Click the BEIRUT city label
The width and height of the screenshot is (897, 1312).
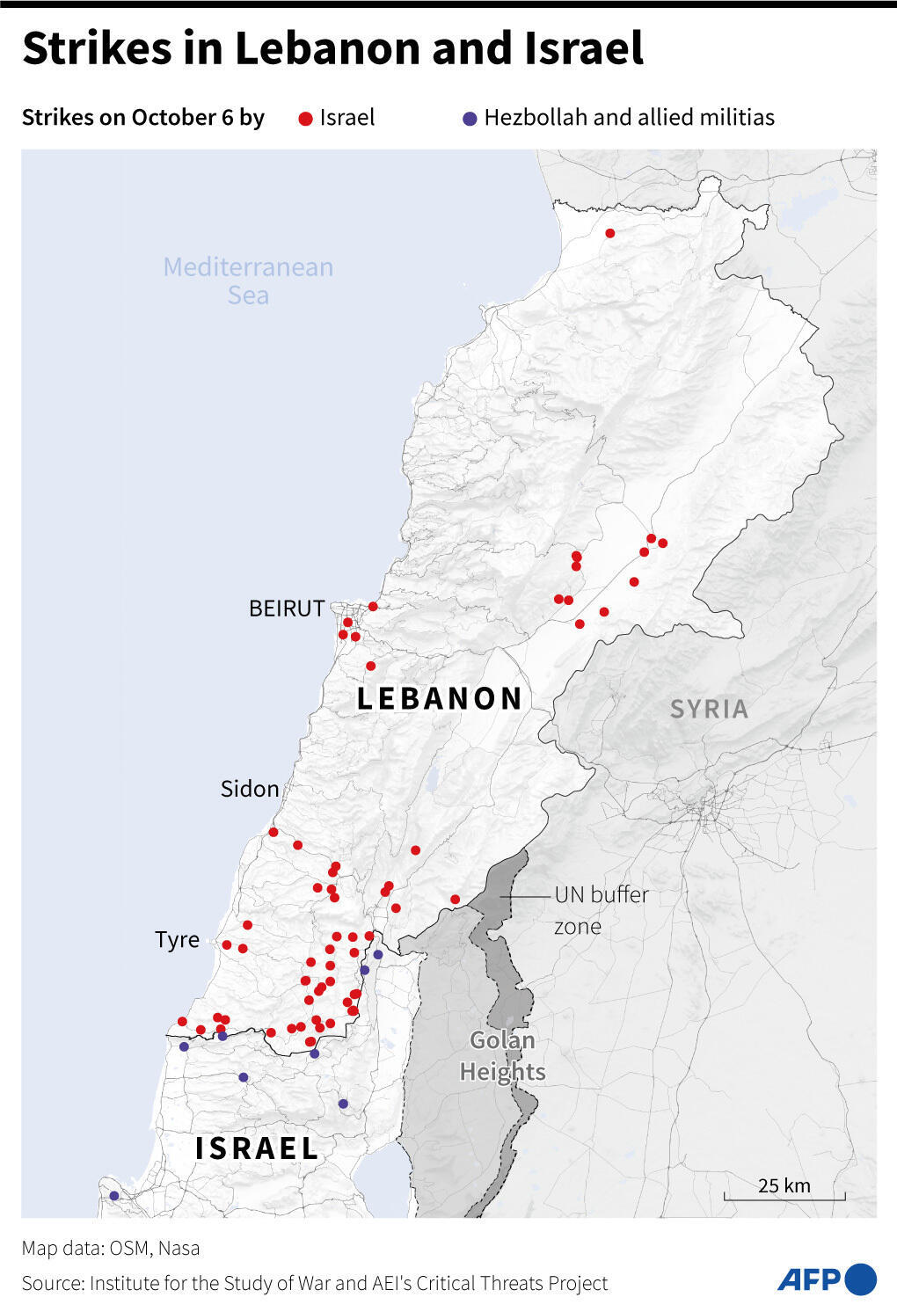(x=287, y=609)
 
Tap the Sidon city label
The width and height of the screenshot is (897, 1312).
(x=250, y=789)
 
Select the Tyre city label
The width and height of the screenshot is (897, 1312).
(x=178, y=939)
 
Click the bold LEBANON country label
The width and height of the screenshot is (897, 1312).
(x=440, y=699)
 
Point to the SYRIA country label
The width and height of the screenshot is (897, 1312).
(x=709, y=709)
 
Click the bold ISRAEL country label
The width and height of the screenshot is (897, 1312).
(x=257, y=1148)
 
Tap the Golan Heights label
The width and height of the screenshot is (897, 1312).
(x=502, y=1056)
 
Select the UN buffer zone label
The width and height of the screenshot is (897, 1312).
(x=602, y=910)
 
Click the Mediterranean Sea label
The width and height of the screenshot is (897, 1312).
(x=248, y=281)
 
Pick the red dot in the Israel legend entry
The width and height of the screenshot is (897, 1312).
(x=306, y=119)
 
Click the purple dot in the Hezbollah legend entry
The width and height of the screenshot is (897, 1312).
(x=470, y=119)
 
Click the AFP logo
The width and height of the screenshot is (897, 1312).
(x=826, y=1279)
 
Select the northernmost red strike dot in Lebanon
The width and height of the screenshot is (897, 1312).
(x=609, y=233)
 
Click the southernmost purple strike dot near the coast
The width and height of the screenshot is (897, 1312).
(x=113, y=1195)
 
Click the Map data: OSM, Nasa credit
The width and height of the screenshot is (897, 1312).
(x=111, y=1248)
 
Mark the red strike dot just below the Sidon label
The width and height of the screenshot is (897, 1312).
(x=273, y=832)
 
